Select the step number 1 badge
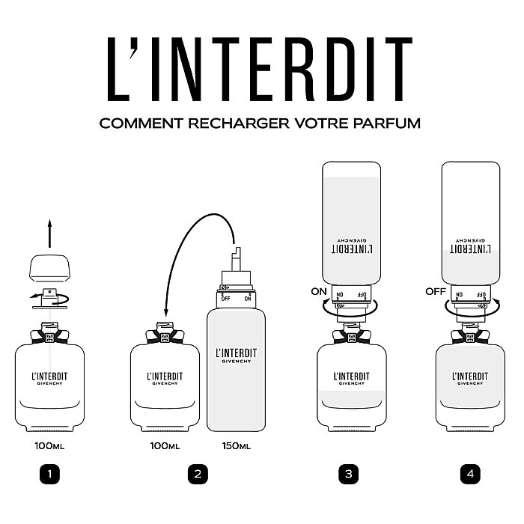[x=49, y=474]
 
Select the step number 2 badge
[x=198, y=474]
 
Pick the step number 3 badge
[x=348, y=474]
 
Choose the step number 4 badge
[x=470, y=474]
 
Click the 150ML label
[x=236, y=446]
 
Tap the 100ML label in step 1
[x=49, y=446]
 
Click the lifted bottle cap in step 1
[x=49, y=266]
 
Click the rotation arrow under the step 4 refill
[x=469, y=306]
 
